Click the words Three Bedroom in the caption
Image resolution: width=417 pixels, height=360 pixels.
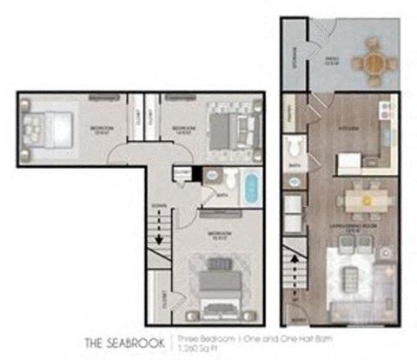(x=198, y=337)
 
